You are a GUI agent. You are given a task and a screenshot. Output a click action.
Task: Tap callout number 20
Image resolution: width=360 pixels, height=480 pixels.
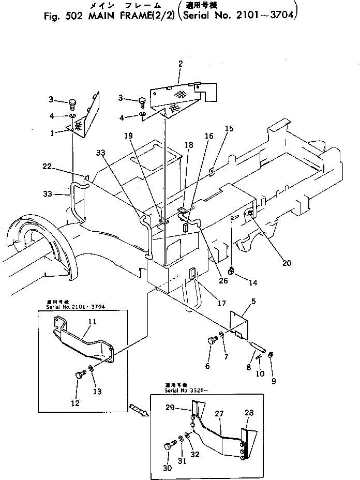[x=287, y=263]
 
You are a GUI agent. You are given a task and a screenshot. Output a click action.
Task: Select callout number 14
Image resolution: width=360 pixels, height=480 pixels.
[x=253, y=283]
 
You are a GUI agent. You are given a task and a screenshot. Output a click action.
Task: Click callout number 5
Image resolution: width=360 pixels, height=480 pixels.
[x=253, y=301]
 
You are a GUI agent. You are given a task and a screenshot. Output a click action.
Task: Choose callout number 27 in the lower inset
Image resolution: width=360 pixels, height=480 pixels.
[x=219, y=413]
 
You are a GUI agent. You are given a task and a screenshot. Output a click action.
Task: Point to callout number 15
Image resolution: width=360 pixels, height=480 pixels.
[x=229, y=128]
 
